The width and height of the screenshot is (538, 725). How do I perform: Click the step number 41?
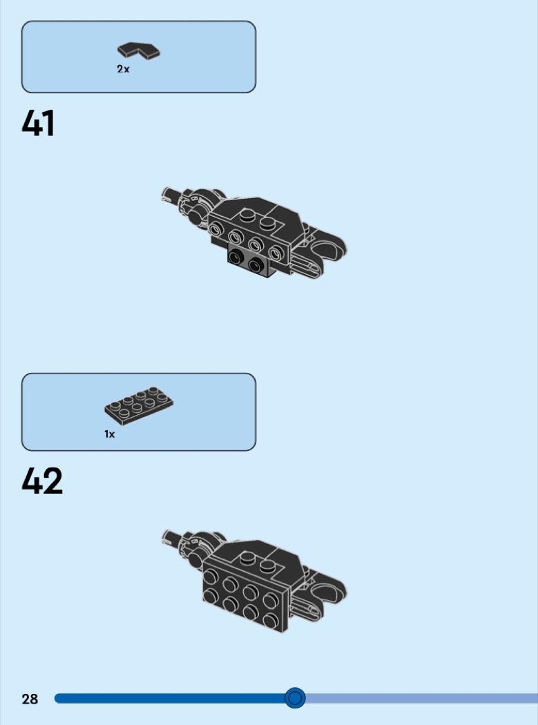tap(38, 123)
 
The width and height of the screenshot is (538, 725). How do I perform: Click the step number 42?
tap(41, 481)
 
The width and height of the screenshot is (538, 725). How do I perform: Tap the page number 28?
tap(30, 699)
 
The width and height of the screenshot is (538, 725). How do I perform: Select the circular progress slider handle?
tap(295, 697)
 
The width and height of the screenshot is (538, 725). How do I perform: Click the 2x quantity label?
tap(123, 69)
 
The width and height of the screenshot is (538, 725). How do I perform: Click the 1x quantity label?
tap(110, 434)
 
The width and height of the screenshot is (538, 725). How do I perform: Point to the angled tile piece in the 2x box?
tap(138, 50)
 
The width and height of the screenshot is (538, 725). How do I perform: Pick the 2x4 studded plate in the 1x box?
tap(139, 405)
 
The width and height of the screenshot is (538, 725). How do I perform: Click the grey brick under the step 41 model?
tap(251, 262)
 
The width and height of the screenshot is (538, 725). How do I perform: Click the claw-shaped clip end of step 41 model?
tap(329, 250)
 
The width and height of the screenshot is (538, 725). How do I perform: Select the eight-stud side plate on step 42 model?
tap(246, 594)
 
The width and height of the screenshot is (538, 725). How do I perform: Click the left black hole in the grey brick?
tap(238, 256)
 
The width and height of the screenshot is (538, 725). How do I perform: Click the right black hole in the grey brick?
tap(256, 265)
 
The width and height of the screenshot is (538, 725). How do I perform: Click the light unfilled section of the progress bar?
tap(421, 698)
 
